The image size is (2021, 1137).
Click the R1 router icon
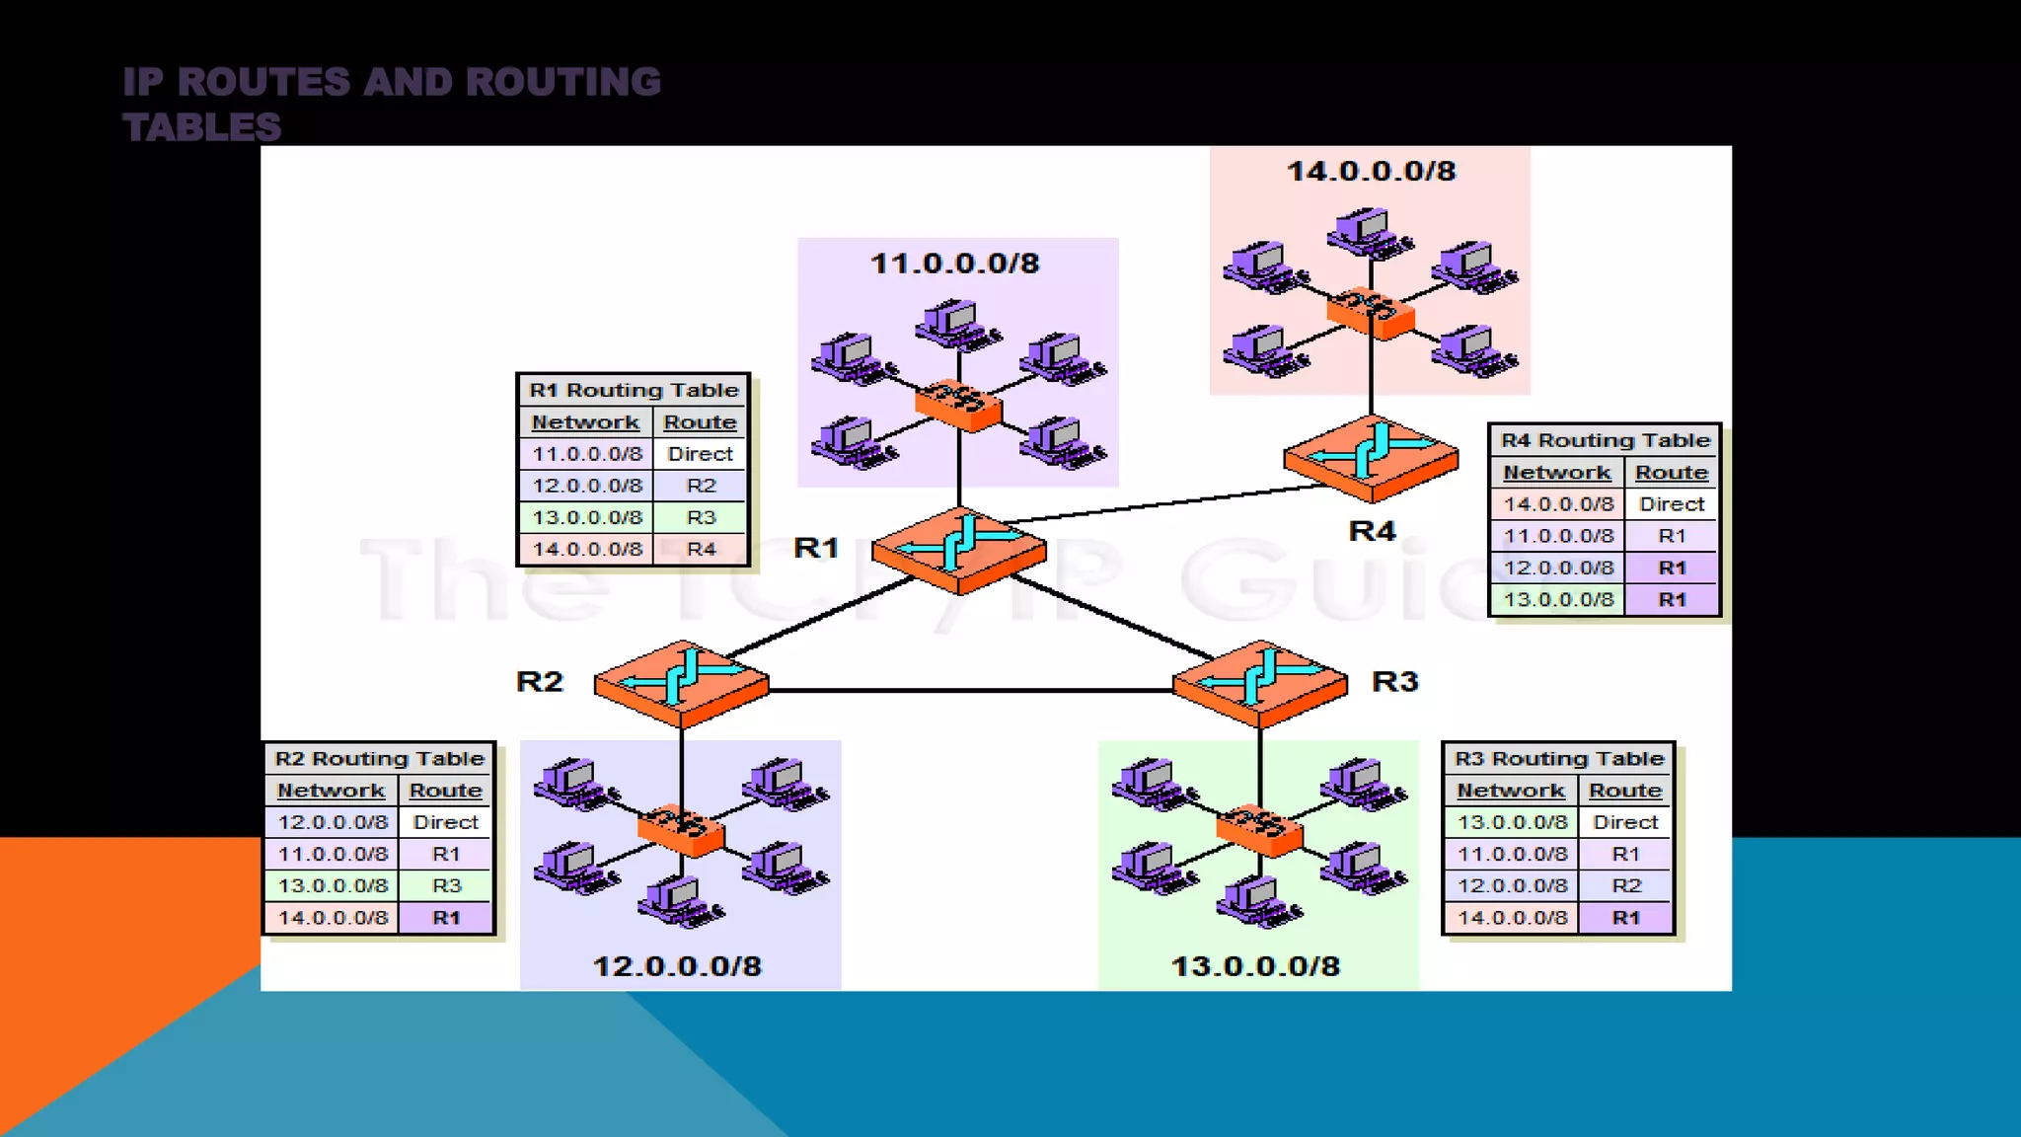958,551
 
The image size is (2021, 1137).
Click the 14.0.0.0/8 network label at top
1371,172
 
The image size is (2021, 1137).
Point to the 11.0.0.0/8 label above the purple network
954,264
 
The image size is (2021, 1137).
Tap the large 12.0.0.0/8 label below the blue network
677,966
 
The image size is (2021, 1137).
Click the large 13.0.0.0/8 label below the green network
1255,966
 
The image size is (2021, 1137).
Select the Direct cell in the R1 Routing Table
700,454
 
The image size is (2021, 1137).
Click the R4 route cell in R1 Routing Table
701,549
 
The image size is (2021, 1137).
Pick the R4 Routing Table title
1605,440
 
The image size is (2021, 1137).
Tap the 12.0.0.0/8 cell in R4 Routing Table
1558,568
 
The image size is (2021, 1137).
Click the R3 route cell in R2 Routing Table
446,885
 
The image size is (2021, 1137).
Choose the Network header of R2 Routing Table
331,791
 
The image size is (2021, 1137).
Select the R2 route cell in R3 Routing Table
1625,885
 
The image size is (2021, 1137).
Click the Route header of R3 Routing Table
1625,791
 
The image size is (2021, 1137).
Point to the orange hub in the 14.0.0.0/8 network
1371,312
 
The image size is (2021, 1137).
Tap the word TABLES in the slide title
202,127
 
